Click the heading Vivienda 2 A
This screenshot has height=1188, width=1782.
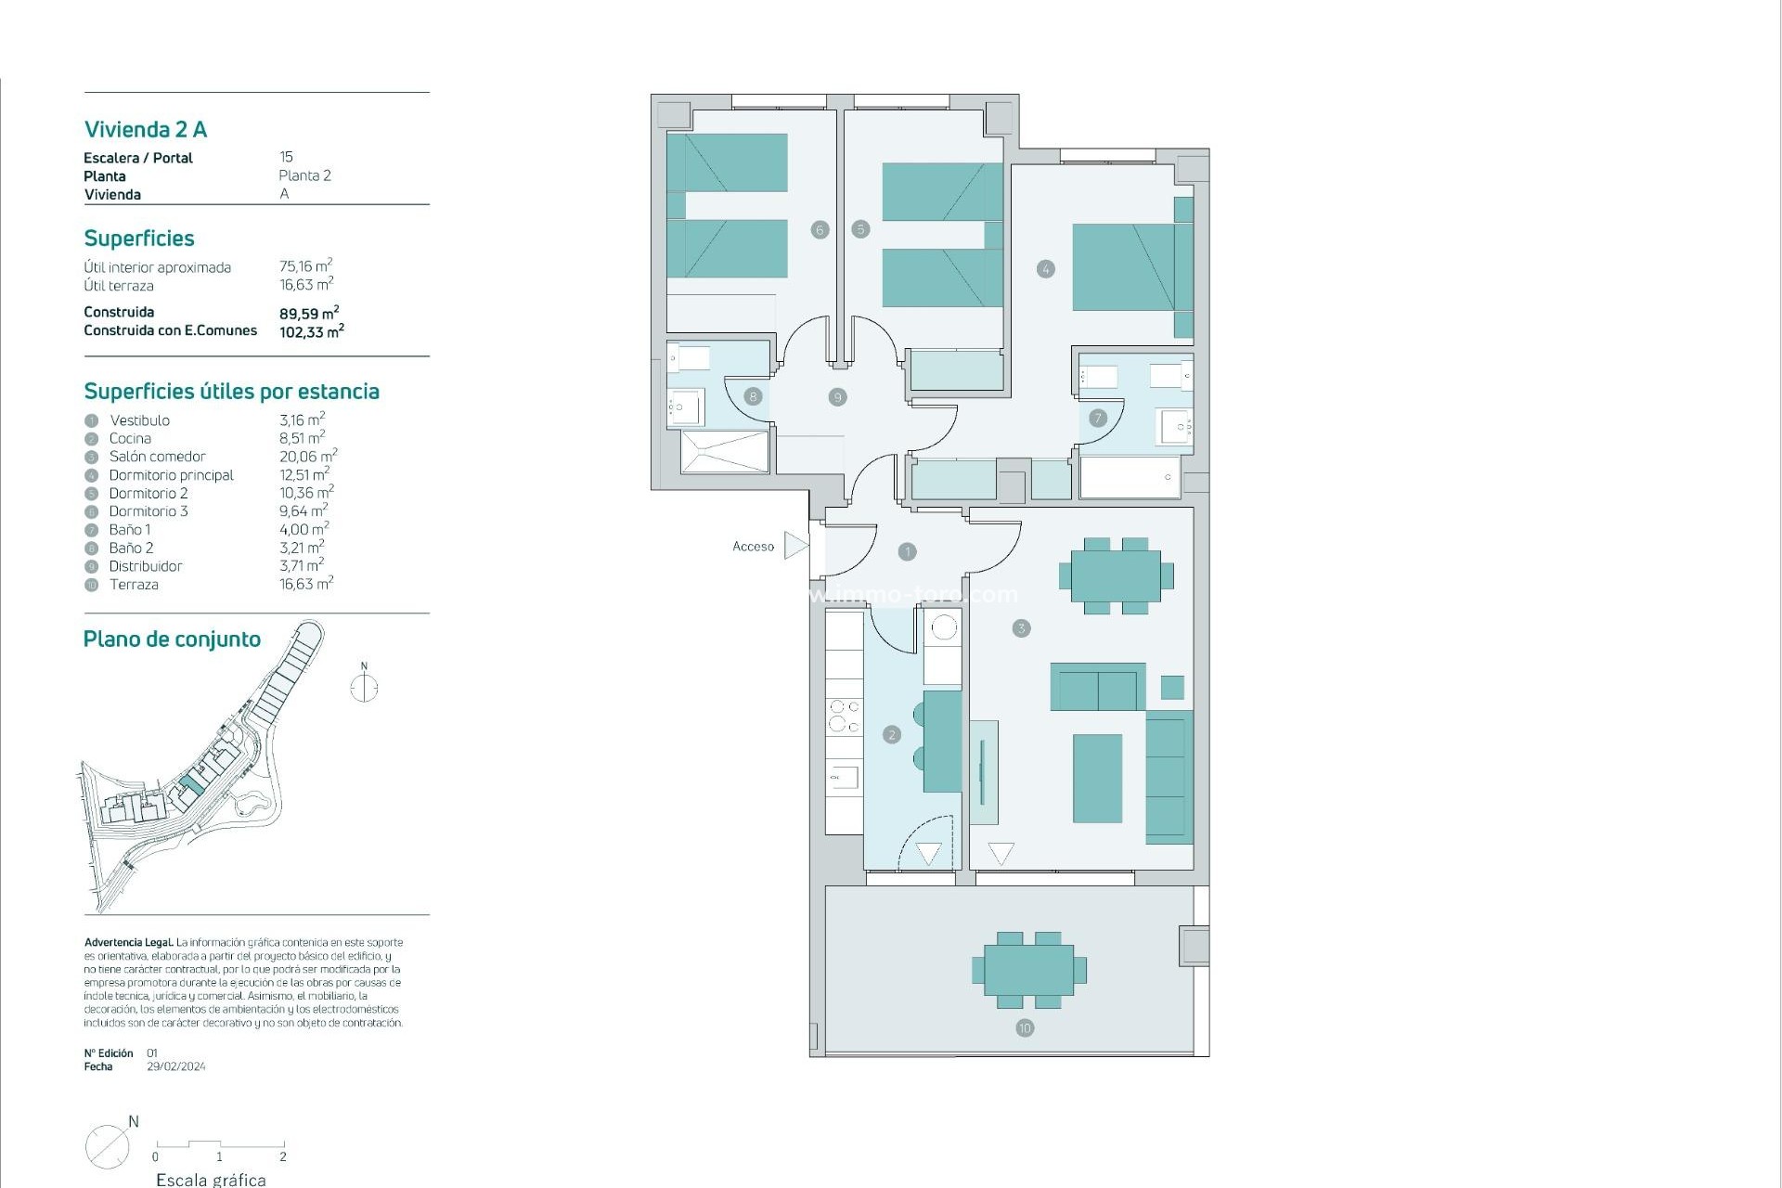[x=146, y=130]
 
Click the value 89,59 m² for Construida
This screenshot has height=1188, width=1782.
[x=309, y=314]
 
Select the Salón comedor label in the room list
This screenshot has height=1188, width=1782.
[x=157, y=457]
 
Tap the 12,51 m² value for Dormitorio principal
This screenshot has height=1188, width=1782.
[x=304, y=474]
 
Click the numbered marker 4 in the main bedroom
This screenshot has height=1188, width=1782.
[x=1046, y=269]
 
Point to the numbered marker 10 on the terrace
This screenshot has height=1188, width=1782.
[x=1025, y=1027]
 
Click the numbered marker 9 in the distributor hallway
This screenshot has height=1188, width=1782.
[x=837, y=397]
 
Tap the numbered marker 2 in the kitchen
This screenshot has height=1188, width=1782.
[x=892, y=734]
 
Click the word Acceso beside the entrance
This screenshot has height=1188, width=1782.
[x=753, y=547]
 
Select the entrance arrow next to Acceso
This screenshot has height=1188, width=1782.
[x=795, y=546]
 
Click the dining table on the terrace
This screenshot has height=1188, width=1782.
[x=1028, y=970]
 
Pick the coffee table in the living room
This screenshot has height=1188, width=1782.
[x=1097, y=778]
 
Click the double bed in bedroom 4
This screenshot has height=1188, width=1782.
[x=1125, y=266]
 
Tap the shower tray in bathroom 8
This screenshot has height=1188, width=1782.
[x=725, y=451]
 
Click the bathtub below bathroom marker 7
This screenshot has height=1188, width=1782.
[x=1130, y=477]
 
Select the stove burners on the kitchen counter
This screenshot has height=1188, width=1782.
[x=844, y=716]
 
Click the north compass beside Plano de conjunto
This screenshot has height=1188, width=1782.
[x=364, y=687]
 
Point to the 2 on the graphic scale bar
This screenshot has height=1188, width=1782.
[x=283, y=1156]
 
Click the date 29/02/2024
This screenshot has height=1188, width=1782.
[x=176, y=1066]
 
